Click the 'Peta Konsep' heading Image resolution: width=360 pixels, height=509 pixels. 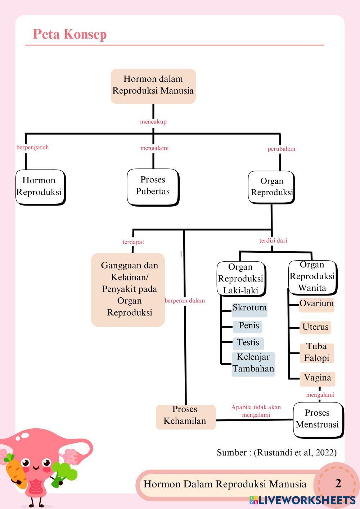(x=70, y=34)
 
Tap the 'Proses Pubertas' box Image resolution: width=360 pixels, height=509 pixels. (x=153, y=186)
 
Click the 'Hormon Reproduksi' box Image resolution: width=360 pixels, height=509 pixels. (x=40, y=187)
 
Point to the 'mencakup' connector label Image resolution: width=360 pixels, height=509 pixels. (x=153, y=122)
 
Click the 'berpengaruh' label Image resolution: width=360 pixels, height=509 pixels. (x=32, y=147)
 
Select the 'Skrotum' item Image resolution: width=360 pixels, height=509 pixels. (x=249, y=308)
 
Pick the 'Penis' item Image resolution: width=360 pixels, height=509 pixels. (x=248, y=326)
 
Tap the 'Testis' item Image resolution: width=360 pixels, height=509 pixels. (x=248, y=343)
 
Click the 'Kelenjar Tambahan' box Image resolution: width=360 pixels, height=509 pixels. (x=253, y=364)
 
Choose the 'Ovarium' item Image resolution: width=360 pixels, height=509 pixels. (x=316, y=304)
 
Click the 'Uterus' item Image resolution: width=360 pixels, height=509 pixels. (x=315, y=327)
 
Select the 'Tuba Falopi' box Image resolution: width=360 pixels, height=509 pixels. (x=316, y=353)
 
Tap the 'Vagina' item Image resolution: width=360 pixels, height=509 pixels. (x=317, y=378)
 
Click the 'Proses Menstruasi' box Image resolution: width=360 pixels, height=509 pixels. (x=318, y=419)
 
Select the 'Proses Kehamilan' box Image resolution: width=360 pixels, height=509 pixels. (x=185, y=416)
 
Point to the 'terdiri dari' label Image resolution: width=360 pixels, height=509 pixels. (x=273, y=240)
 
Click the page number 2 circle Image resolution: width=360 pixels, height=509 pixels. (x=337, y=483)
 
